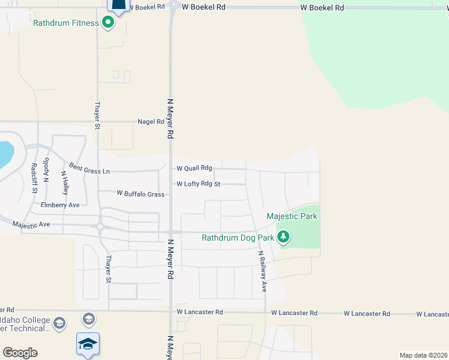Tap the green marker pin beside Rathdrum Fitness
tap(108, 23)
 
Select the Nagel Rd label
tap(151, 121)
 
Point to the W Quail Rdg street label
tap(194, 169)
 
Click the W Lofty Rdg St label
tap(198, 184)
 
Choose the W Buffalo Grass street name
tap(140, 194)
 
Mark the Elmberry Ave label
tap(60, 205)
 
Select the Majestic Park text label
tap(292, 216)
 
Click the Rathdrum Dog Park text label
tap(238, 238)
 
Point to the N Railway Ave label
tap(262, 272)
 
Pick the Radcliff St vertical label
tap(34, 178)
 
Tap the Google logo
tap(20, 352)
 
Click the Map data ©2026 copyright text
tap(424, 355)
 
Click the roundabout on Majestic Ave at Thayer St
tap(100, 227)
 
